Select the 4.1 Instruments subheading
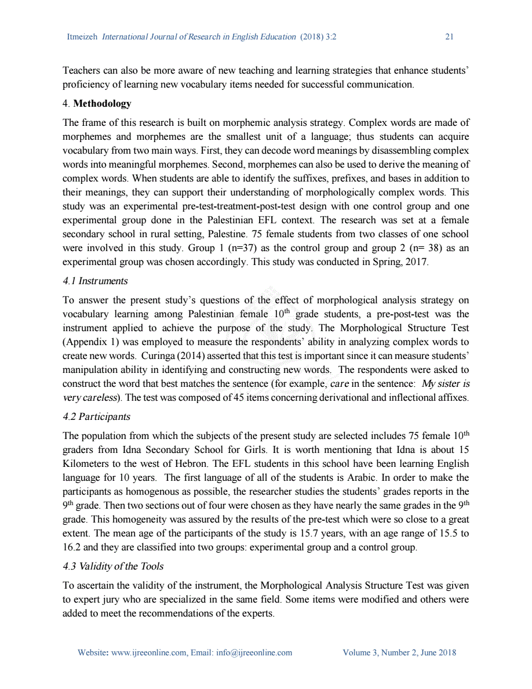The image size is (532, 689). click(95, 281)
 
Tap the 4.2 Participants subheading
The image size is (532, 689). click(96, 417)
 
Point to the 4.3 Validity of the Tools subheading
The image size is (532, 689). click(113, 567)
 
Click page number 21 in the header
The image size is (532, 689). click(449, 37)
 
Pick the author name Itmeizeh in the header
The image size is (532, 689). click(83, 37)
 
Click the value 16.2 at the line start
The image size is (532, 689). click(71, 547)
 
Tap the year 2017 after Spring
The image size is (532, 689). click(417, 262)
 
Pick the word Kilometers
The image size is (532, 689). click(86, 464)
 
